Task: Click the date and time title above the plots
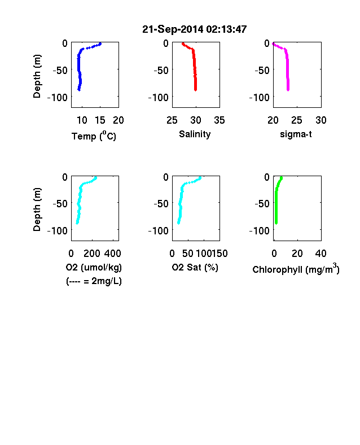point(195,29)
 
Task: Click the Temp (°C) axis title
point(94,136)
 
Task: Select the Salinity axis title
point(195,134)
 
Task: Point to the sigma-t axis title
point(296,134)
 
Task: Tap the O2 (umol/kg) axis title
point(94,267)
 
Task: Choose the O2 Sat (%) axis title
point(195,267)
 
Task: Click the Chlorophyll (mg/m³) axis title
point(296,268)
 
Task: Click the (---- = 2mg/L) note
point(94,281)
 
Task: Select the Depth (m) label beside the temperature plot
point(37,76)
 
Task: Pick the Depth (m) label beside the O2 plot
point(37,210)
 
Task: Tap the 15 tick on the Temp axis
point(100,120)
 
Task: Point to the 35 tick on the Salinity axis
point(219,120)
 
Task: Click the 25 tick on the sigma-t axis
point(296,120)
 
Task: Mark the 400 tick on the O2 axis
point(112,254)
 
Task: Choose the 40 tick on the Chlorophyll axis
point(321,254)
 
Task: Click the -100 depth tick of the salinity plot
point(159,98)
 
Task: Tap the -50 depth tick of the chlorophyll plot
point(262,204)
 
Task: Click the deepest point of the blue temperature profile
point(79,90)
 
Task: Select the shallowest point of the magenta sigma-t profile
point(273,43)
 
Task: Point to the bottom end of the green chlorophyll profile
point(276,224)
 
